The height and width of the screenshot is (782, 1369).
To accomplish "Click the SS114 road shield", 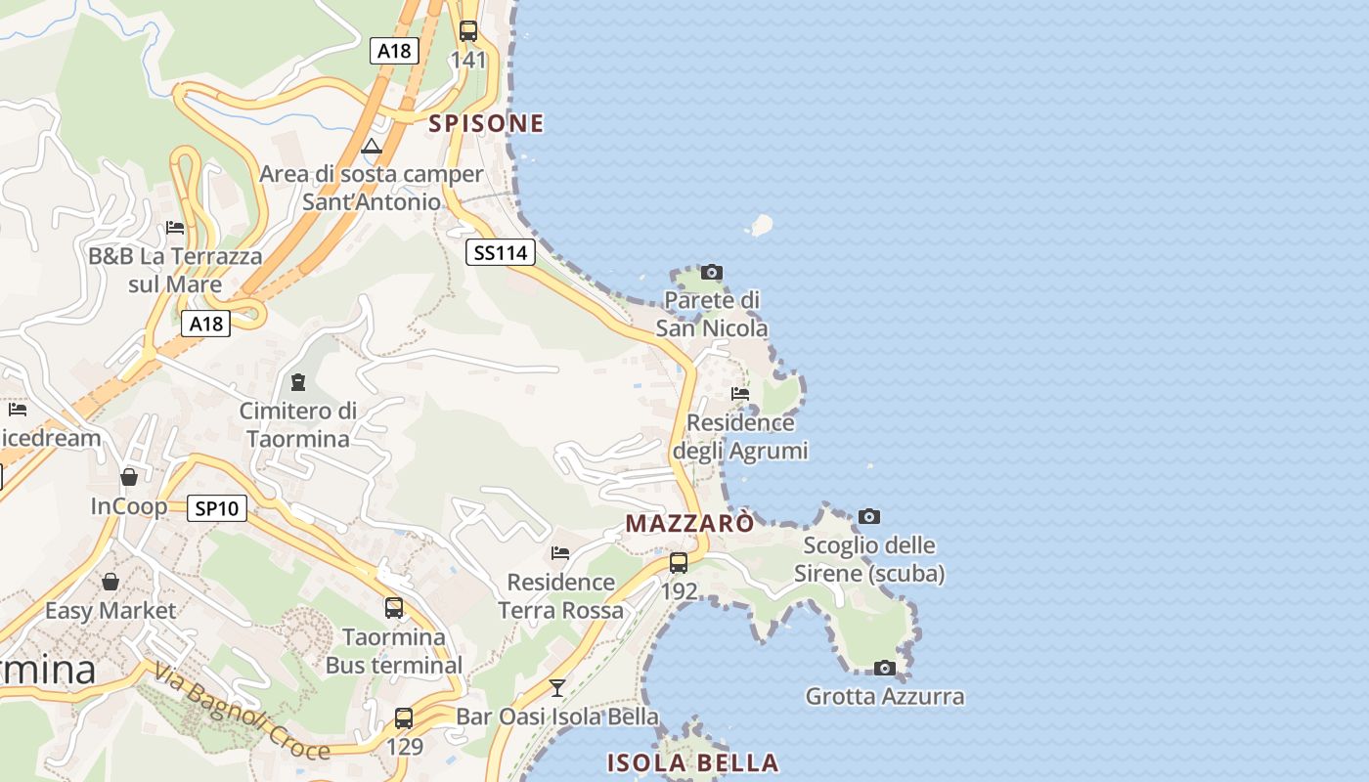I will tap(500, 253).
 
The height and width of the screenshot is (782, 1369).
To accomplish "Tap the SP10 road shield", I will tap(217, 508).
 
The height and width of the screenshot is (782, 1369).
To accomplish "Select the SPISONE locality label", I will tap(486, 123).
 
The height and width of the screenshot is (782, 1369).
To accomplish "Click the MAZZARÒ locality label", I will tap(689, 523).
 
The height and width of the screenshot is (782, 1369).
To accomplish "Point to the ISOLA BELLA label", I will tap(692, 762).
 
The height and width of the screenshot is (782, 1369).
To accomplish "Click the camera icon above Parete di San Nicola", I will tap(712, 272).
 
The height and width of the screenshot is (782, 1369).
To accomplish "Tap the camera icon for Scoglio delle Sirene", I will tap(868, 516).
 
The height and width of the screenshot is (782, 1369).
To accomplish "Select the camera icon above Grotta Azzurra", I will tap(884, 668).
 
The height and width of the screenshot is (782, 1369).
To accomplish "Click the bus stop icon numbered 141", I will tap(468, 30).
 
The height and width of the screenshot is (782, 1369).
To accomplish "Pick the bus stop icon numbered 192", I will tap(678, 563).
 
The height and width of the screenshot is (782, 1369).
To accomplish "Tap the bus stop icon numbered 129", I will tap(404, 718).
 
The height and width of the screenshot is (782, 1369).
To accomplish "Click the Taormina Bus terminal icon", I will tap(394, 608).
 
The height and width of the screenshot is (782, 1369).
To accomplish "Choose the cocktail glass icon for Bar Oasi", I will tap(557, 688).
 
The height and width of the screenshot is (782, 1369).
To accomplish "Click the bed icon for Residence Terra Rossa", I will tap(560, 553).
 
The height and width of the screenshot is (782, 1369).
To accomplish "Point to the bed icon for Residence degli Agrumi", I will tap(740, 394).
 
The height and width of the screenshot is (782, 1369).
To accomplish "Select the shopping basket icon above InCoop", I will tap(129, 477).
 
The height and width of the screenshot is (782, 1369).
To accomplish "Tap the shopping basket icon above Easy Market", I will tap(110, 582).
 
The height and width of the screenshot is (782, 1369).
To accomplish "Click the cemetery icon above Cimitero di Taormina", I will tap(298, 381).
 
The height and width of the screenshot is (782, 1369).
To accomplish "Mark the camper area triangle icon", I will tap(371, 147).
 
